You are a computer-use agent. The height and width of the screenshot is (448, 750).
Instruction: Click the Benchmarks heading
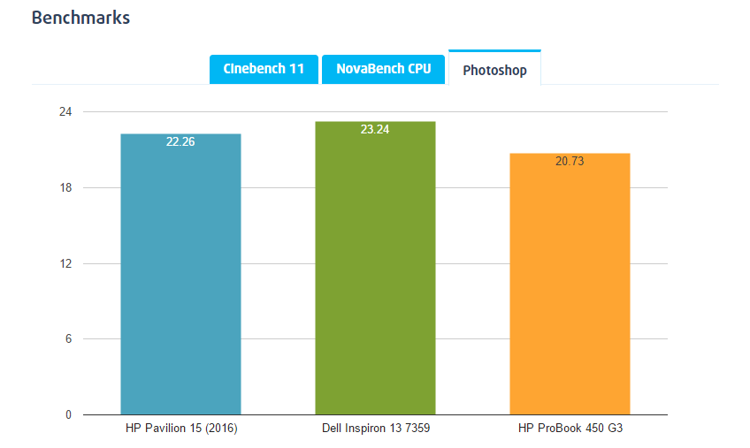(x=80, y=18)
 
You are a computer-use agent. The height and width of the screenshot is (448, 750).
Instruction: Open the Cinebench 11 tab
(x=264, y=69)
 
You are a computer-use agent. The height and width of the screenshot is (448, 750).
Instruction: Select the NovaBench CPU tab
(x=383, y=69)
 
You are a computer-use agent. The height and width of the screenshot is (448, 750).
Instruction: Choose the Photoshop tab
(x=494, y=70)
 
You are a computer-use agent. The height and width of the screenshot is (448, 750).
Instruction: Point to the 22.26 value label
(x=180, y=142)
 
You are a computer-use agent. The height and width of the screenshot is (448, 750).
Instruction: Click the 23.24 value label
(x=375, y=130)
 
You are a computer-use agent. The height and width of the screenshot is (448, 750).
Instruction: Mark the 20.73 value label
(x=570, y=162)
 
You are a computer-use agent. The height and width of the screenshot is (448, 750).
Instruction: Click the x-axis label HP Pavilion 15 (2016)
(x=180, y=429)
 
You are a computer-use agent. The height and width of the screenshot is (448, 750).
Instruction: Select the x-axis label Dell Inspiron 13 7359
(x=375, y=429)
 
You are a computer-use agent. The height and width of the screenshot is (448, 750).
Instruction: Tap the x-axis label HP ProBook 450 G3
(x=570, y=429)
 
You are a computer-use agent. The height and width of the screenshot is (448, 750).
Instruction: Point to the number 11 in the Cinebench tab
(x=297, y=69)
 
